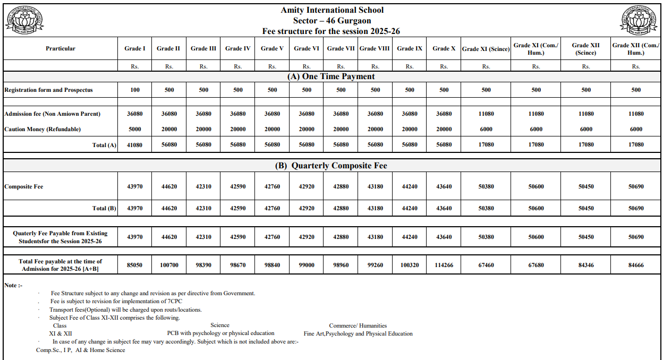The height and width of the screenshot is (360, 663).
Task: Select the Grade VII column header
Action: pyautogui.click(x=341, y=48)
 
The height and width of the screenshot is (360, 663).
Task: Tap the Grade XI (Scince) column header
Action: pyautogui.click(x=486, y=49)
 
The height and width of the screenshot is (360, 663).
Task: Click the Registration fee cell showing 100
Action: pyautogui.click(x=135, y=90)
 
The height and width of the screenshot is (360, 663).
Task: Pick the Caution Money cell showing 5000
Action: pyautogui.click(x=135, y=129)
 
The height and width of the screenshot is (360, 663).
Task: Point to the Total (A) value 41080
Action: pyautogui.click(x=135, y=144)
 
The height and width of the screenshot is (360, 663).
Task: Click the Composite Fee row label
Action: pyautogui.click(x=24, y=186)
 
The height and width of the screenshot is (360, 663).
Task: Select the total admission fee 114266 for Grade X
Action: pyautogui.click(x=444, y=264)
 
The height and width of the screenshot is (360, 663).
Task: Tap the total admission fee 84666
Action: pyautogui.click(x=636, y=264)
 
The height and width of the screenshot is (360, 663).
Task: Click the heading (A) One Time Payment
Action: pyautogui.click(x=331, y=76)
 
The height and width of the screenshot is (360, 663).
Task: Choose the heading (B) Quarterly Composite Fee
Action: pyautogui.click(x=331, y=166)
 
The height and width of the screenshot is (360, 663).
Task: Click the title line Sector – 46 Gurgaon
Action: pyautogui.click(x=331, y=21)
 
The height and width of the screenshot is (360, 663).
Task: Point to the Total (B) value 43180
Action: pyautogui.click(x=375, y=208)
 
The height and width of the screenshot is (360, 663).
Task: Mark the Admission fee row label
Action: pyautogui.click(x=52, y=114)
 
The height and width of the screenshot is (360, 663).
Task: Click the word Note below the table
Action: pyautogui.click(x=11, y=285)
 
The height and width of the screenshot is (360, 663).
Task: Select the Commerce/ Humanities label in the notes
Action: pyautogui.click(x=358, y=325)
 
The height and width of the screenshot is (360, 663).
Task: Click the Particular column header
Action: pyautogui.click(x=60, y=48)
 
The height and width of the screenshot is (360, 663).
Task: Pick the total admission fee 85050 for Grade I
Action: pyautogui.click(x=135, y=264)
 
